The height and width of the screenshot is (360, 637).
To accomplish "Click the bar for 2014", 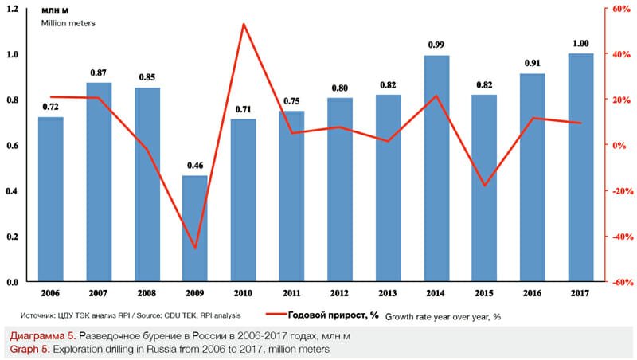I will [436, 168].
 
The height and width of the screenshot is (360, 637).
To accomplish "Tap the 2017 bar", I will [580, 167].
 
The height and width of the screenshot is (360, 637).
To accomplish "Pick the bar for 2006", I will [51, 199].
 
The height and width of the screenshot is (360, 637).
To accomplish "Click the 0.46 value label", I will [195, 166].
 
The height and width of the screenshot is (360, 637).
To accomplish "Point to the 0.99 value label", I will [436, 45].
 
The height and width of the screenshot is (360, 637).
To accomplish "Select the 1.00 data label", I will [580, 43].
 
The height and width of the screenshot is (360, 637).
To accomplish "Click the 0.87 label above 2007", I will [99, 72].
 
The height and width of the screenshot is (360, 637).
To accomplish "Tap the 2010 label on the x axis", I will [243, 292].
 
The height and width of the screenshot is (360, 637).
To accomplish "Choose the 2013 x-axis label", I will [388, 292].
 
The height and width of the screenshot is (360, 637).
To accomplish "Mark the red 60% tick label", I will [620, 9].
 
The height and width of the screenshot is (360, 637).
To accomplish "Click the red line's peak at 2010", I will [243, 24].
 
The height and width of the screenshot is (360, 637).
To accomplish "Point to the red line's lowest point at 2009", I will [195, 248].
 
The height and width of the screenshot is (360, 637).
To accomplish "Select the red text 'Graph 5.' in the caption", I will [25, 349].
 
